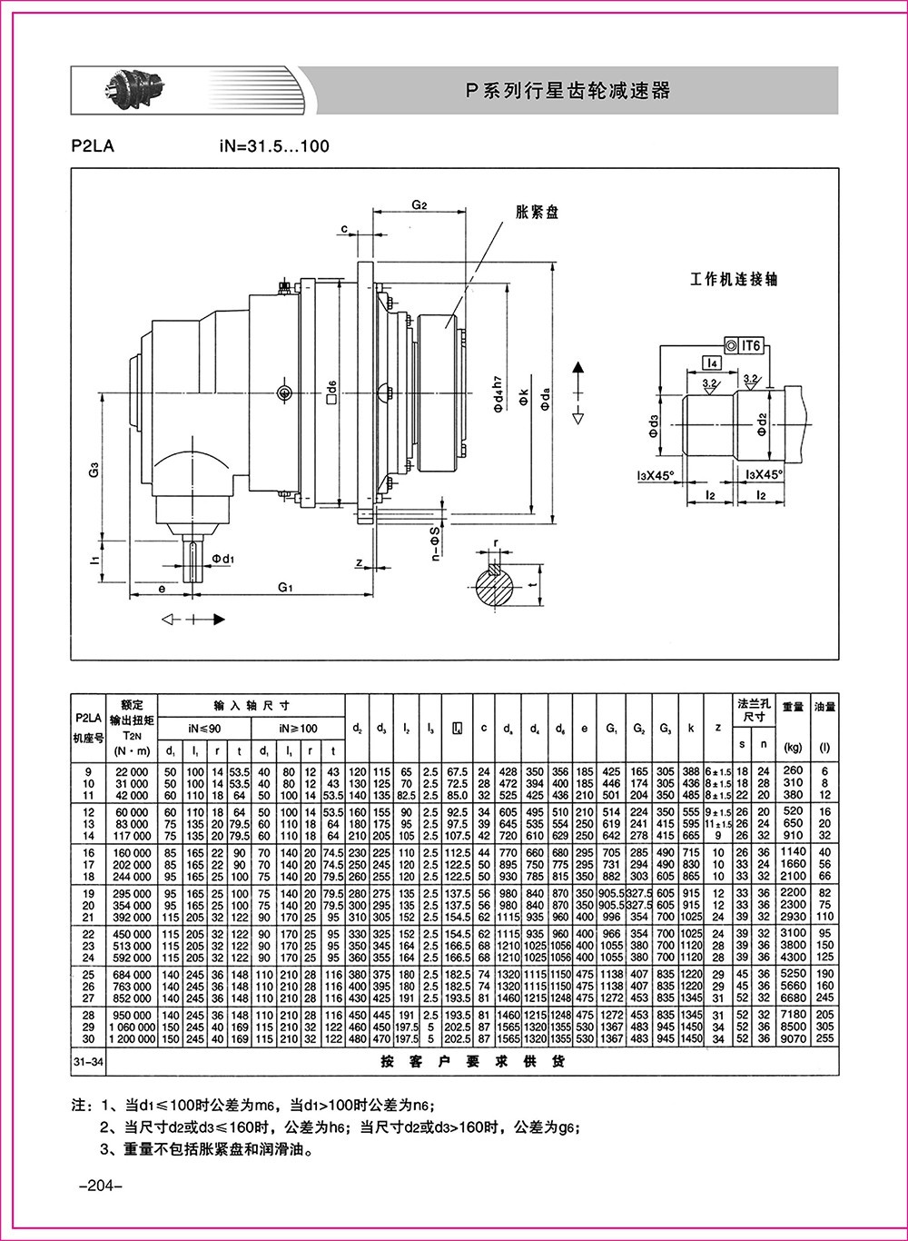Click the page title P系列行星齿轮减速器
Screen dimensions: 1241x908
tap(567, 91)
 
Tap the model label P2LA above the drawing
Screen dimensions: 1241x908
tap(92, 146)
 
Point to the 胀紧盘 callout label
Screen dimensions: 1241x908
tap(537, 213)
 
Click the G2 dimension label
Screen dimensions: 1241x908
tap(419, 205)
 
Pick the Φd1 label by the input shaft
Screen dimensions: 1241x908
tap(223, 557)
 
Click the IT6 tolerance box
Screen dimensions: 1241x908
tap(747, 344)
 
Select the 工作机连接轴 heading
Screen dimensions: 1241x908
tap(735, 279)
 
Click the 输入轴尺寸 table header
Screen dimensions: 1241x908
tap(252, 706)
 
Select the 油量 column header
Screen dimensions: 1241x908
tap(824, 705)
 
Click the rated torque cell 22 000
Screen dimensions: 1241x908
tap(132, 770)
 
